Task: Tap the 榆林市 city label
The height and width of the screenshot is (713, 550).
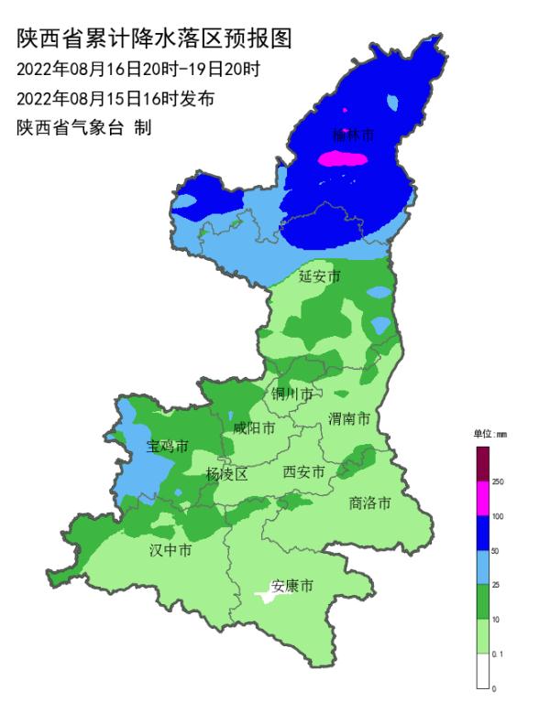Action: click(x=353, y=135)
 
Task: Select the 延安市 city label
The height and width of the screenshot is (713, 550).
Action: click(x=320, y=275)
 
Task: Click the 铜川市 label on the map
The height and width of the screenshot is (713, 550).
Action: click(x=292, y=394)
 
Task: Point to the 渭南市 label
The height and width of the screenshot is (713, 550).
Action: click(x=349, y=418)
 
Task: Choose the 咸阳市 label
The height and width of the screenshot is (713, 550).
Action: click(x=253, y=427)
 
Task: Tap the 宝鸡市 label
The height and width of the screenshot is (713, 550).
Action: click(x=167, y=447)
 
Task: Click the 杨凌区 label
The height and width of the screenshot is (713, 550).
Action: click(x=226, y=473)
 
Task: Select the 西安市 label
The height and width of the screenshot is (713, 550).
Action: click(x=303, y=472)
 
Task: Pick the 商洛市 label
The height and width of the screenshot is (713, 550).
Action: click(x=370, y=502)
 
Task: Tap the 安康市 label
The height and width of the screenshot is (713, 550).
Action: click(x=292, y=586)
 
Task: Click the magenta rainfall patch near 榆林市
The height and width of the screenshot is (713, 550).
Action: click(x=342, y=159)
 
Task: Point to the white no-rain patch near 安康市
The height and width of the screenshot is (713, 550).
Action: click(x=266, y=597)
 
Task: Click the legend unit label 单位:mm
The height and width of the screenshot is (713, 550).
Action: click(x=489, y=434)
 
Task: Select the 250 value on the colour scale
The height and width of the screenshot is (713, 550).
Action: click(x=498, y=481)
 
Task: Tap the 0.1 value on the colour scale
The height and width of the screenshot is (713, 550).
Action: click(x=498, y=654)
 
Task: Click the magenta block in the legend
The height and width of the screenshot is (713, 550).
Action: click(x=482, y=499)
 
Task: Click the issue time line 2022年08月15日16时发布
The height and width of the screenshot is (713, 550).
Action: click(x=115, y=97)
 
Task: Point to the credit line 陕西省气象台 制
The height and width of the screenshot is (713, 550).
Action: click(x=83, y=127)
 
